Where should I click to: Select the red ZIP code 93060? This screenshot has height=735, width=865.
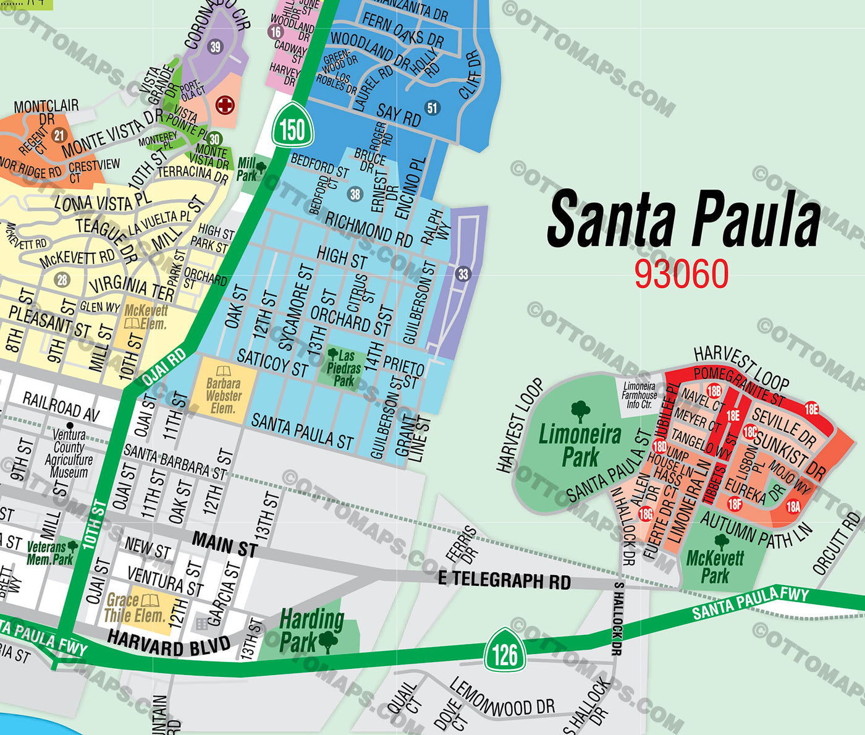pos(681,273)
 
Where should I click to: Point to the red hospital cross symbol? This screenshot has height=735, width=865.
pos(225,105)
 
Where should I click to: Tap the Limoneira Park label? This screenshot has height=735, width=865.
pos(580,445)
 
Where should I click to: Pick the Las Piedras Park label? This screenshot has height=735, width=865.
pos(344,368)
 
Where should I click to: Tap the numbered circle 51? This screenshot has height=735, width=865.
pos(432,108)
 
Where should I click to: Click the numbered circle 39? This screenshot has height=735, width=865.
pos(215,46)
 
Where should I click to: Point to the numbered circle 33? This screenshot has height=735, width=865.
pos(463,274)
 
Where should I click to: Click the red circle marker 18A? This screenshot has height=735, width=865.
pos(793,507)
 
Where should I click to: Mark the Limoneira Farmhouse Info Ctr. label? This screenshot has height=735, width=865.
pos(639,395)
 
